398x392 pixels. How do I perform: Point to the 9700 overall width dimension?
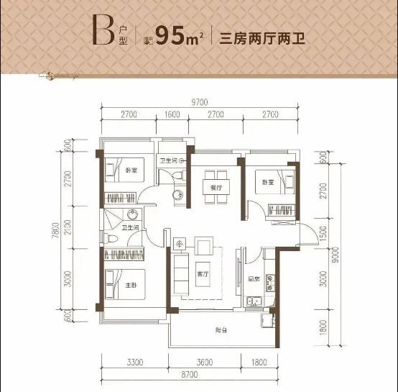pyautogui.click(x=199, y=103)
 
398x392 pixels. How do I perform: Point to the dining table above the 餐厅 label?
pyautogui.click(x=213, y=178)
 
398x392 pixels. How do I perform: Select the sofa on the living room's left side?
pyautogui.click(x=178, y=270)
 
